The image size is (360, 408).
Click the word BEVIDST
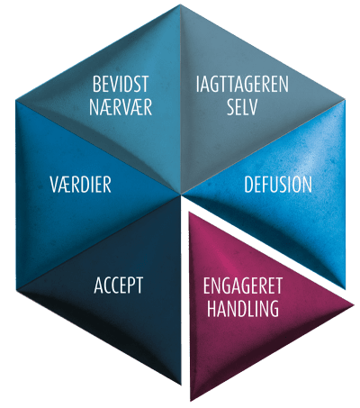[x=121, y=84]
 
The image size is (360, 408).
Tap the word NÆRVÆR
[x=121, y=107]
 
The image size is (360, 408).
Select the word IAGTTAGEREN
[x=242, y=84]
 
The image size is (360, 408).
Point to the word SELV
[x=242, y=107]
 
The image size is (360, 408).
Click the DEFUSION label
[x=278, y=185]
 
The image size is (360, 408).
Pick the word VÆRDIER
[x=80, y=185]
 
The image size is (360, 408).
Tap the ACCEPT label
[x=119, y=286]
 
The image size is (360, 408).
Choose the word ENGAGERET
[x=243, y=286]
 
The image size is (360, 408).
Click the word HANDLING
[x=243, y=309]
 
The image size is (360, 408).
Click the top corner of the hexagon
[x=180, y=5]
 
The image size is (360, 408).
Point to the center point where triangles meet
[x=180, y=195]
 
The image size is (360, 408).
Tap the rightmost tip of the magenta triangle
[x=354, y=305]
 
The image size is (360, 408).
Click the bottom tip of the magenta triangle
[x=191, y=401]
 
